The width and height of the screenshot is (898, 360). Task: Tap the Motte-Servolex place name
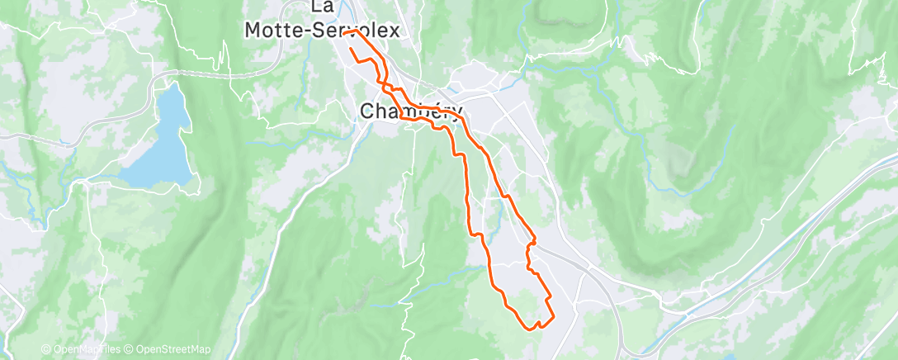[x=322, y=31]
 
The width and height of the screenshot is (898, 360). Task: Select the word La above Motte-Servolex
[x=322, y=7]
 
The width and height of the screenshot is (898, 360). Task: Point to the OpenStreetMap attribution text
[x=168, y=349]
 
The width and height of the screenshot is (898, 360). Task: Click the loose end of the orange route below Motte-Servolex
[x=352, y=50]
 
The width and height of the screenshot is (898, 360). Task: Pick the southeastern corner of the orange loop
[x=551, y=315]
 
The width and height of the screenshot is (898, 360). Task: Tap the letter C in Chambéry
[x=369, y=111]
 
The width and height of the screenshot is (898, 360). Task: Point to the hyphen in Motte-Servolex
[x=305, y=31]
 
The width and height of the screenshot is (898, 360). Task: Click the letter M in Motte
[x=253, y=31]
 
